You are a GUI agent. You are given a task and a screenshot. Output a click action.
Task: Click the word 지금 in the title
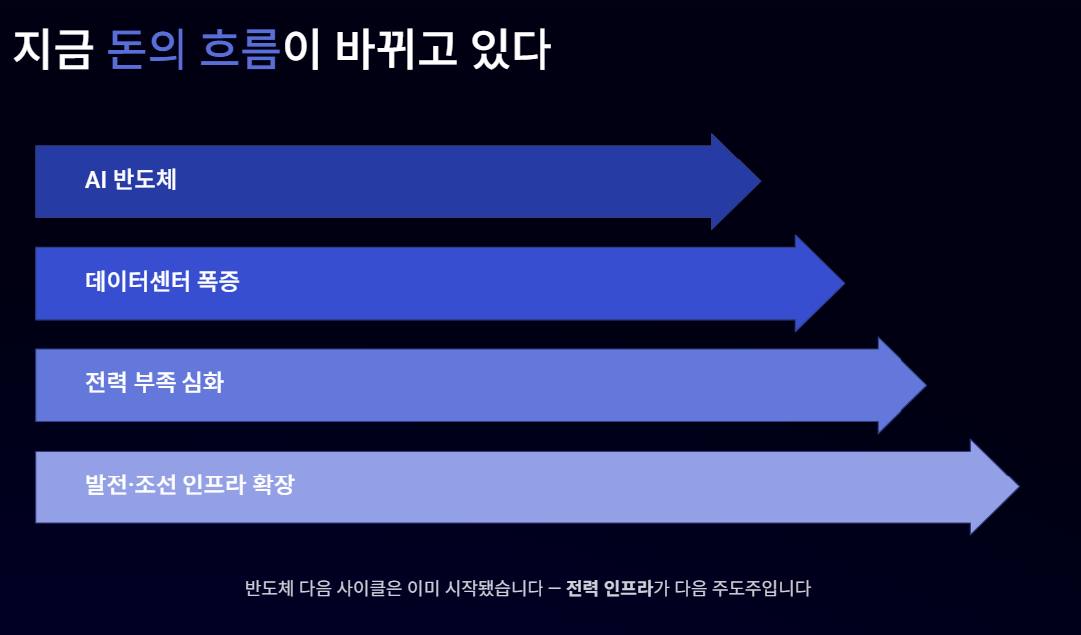pyautogui.click(x=51, y=50)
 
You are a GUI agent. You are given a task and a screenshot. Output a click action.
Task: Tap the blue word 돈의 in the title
pyautogui.click(x=146, y=50)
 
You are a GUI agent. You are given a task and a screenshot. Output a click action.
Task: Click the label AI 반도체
pyautogui.click(x=131, y=180)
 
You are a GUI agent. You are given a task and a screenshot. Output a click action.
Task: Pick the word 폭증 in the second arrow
pyautogui.click(x=218, y=282)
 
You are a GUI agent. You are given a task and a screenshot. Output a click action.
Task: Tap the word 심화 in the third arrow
pyautogui.click(x=203, y=383)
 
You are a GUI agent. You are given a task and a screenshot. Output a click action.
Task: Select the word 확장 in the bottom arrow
pyautogui.click(x=272, y=486)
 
